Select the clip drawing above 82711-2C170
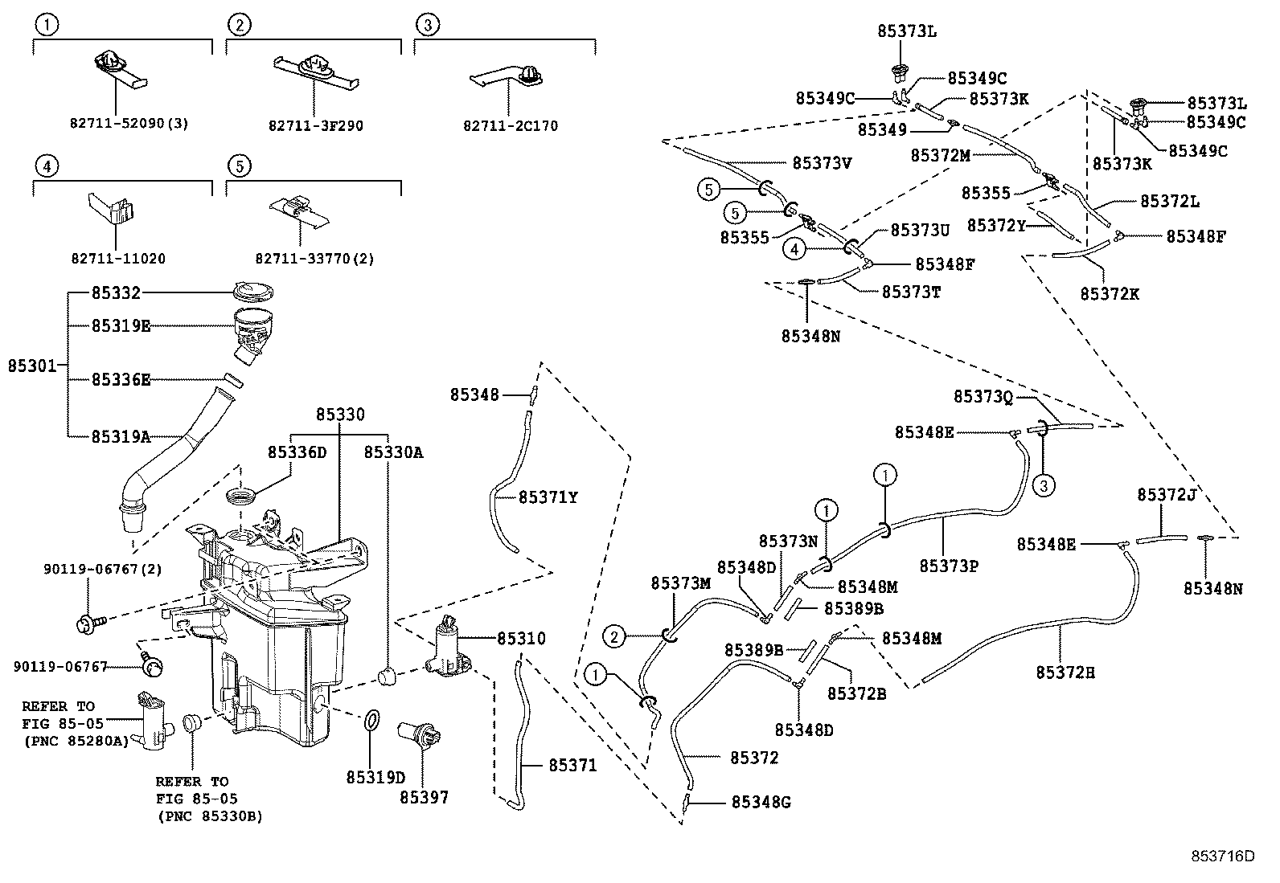508,80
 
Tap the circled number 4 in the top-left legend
47,166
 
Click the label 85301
32,366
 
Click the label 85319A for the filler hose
121,437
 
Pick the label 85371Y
548,497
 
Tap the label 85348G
761,802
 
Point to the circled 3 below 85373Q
1044,484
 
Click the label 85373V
821,163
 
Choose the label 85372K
1110,294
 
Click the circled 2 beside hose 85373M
614,639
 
